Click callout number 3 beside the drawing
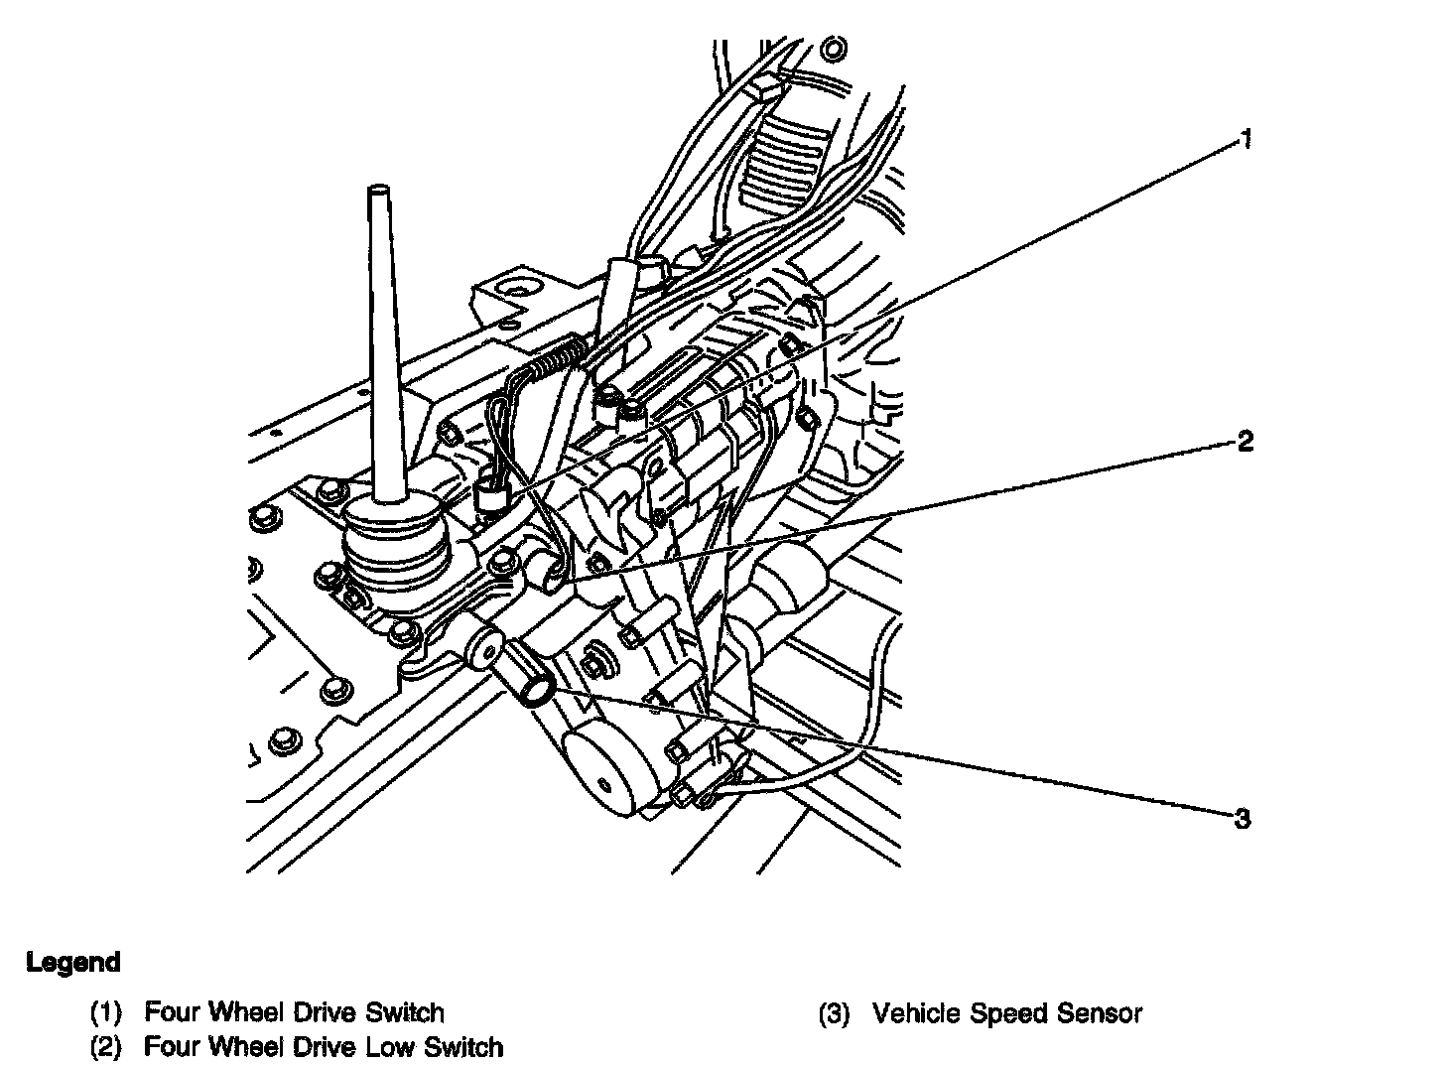(1242, 819)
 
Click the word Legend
(73, 962)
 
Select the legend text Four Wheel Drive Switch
(294, 1012)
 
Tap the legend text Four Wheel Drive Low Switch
(324, 1046)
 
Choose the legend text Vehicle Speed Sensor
(1007, 1013)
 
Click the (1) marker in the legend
(106, 1013)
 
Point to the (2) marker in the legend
(106, 1047)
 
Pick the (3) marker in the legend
(835, 1014)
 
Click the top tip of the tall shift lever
(377, 188)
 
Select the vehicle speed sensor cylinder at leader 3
(533, 680)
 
